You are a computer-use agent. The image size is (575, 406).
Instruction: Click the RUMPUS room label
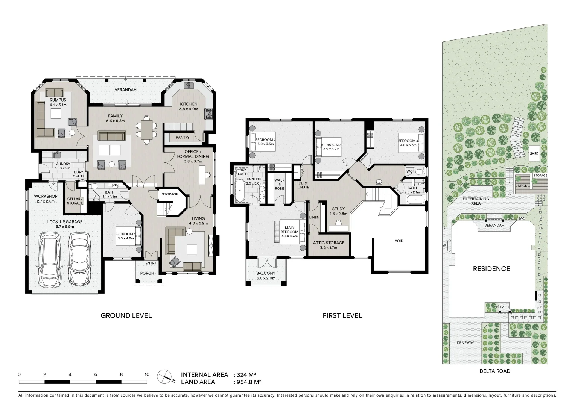pos(58,100)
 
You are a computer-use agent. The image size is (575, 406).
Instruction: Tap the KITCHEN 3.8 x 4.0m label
pos(189,106)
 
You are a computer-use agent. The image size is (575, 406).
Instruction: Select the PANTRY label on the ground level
pos(183,138)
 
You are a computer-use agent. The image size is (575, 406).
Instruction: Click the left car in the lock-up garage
pos(50,260)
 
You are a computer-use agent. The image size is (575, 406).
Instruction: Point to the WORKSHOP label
pos(46,197)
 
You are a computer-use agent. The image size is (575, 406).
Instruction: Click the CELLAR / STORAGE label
pos(75,201)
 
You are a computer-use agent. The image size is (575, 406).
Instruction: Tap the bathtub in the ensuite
pos(239,191)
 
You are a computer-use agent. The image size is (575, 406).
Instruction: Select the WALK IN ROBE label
pos(279,184)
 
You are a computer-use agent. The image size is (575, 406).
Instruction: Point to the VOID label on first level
pos(399,241)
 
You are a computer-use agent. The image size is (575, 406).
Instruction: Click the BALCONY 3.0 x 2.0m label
pos(266,276)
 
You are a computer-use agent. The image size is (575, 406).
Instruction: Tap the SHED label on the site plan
pos(534,153)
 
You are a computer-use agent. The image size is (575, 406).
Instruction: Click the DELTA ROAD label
pos(495,371)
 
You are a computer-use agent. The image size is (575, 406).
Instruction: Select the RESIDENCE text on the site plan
pos(491,269)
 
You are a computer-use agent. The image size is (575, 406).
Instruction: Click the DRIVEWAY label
pos(465,343)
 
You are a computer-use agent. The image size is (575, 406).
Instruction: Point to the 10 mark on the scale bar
pos(147,374)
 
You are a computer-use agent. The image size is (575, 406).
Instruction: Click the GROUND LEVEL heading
pos(126,315)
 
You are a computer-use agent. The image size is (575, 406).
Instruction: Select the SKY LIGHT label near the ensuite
pos(243,172)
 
